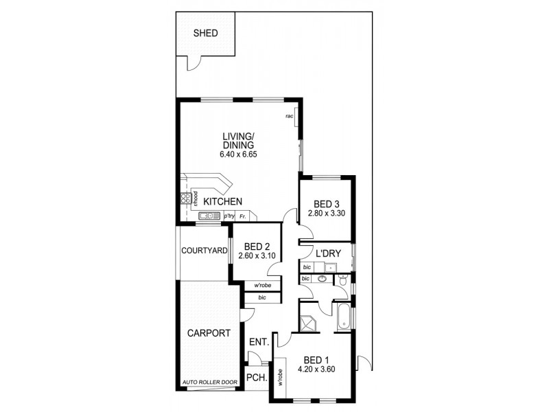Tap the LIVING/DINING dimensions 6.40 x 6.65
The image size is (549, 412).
pyautogui.click(x=238, y=156)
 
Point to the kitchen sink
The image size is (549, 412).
pyautogui.click(x=209, y=216)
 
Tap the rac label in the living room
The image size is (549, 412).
pyautogui.click(x=290, y=117)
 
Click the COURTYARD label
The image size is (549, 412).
pyautogui.click(x=204, y=251)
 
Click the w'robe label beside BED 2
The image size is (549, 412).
pyautogui.click(x=261, y=286)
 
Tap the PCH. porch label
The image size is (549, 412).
pyautogui.click(x=257, y=376)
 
